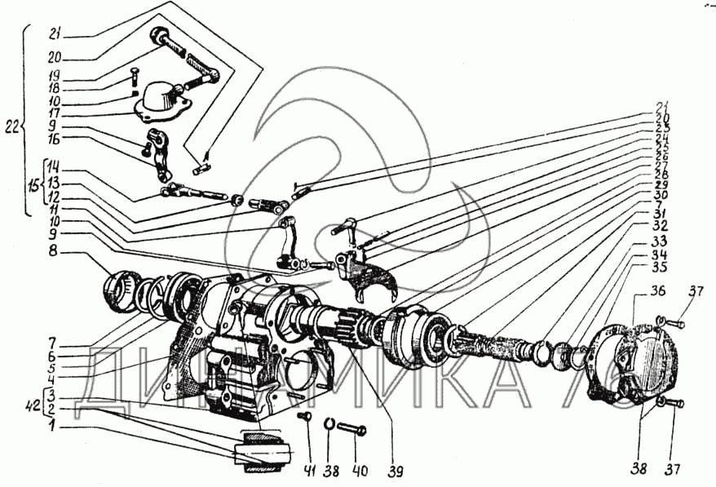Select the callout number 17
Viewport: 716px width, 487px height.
[x=53, y=113]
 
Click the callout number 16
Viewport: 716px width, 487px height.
[x=53, y=140]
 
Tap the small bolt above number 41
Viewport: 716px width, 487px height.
[x=304, y=418]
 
